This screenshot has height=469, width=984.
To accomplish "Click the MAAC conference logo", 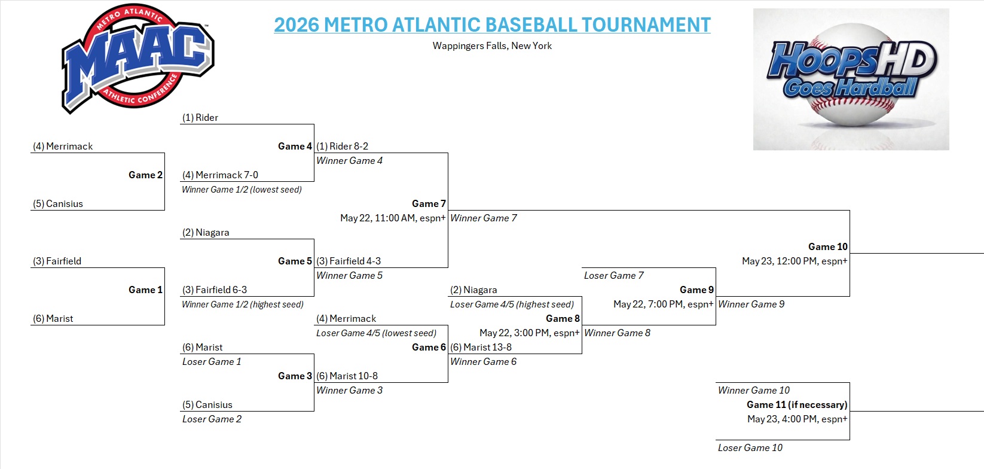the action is click(137, 59).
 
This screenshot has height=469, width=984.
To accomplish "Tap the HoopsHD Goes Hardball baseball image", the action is click(851, 79).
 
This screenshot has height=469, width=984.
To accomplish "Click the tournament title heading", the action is click(492, 25).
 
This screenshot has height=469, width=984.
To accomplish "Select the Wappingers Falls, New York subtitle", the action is click(492, 45).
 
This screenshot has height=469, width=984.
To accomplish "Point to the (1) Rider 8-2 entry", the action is click(342, 146).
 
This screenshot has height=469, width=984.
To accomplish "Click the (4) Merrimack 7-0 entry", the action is click(220, 175).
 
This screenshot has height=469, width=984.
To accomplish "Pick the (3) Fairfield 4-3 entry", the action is click(349, 261).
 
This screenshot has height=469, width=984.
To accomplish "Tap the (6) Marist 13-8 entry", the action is click(481, 347).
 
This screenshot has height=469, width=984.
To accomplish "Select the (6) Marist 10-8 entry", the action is click(347, 376).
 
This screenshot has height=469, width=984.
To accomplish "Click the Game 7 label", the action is click(429, 203).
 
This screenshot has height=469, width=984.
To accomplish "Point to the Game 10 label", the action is click(828, 246).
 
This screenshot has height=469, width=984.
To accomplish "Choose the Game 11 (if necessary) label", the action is click(797, 404).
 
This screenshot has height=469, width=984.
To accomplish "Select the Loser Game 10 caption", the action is click(750, 447).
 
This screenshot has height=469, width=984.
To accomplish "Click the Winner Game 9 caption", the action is click(751, 304).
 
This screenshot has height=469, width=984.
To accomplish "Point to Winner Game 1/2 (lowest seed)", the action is click(242, 190).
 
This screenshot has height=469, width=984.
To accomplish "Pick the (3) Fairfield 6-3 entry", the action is click(215, 290).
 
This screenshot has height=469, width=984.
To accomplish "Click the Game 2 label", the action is click(145, 175).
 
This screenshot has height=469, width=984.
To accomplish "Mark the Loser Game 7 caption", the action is click(614, 276).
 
